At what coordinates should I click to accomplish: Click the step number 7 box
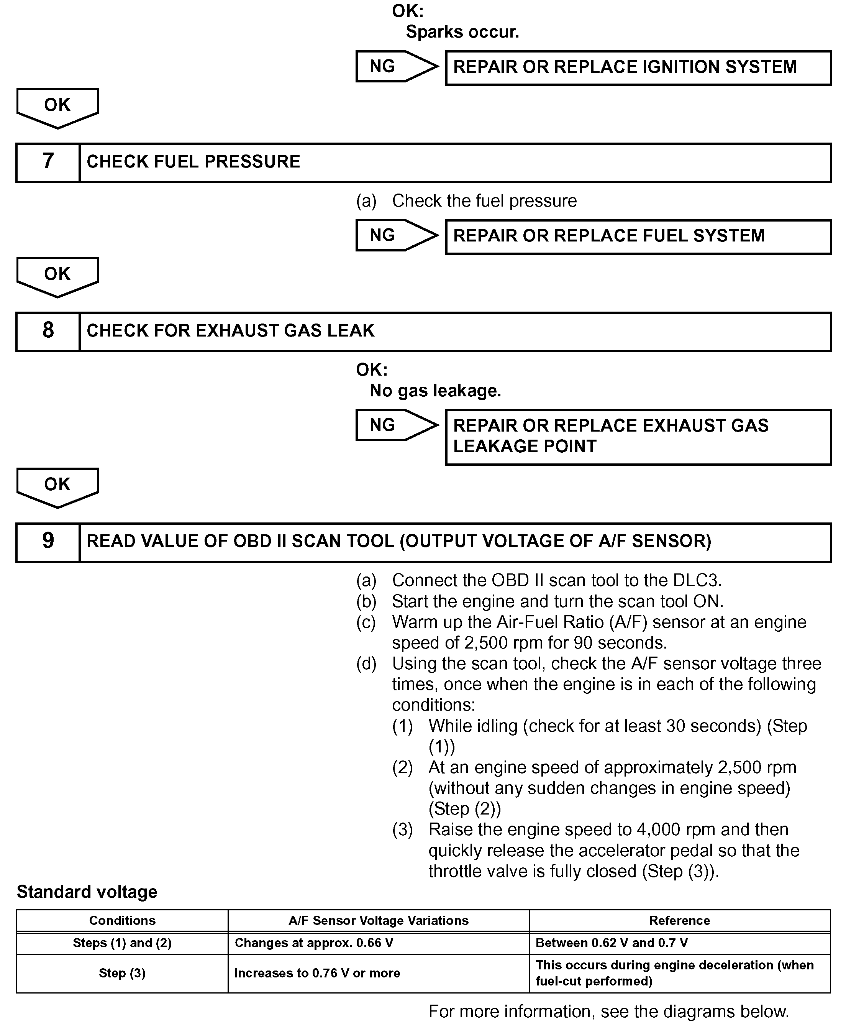[x=48, y=163]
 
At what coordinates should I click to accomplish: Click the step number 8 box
[x=48, y=332]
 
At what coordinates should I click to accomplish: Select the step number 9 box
[x=48, y=542]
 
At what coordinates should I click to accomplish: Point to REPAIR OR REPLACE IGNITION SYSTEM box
[x=638, y=68]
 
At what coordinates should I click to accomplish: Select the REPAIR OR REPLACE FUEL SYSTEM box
[x=638, y=237]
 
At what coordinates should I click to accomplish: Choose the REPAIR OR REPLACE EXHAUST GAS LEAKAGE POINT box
[x=638, y=437]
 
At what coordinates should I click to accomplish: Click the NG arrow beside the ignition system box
[x=396, y=66]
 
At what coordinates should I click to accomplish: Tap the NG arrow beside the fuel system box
[x=396, y=235]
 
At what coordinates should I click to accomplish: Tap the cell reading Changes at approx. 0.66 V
[x=314, y=943]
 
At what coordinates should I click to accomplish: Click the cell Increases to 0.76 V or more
[x=317, y=974]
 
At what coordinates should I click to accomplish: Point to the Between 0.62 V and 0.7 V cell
[x=612, y=943]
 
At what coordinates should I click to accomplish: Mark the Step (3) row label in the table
[x=122, y=974]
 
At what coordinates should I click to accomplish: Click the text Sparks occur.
[x=462, y=32]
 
